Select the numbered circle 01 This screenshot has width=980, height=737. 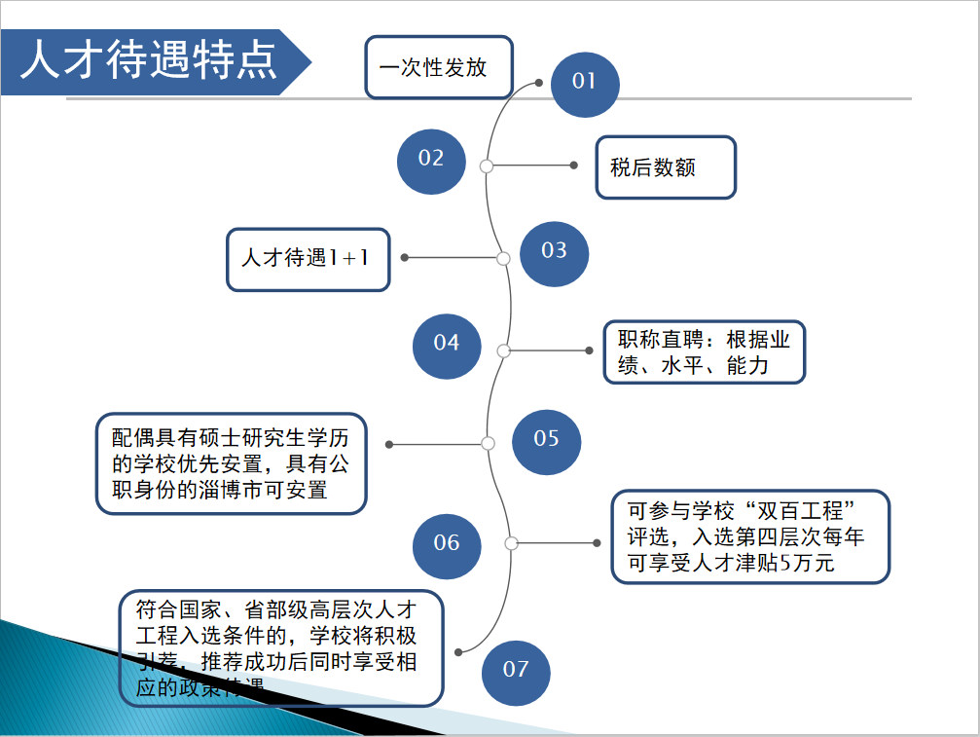585,82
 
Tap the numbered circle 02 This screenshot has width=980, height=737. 431,159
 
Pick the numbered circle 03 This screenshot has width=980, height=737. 554,251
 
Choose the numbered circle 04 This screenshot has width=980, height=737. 447,344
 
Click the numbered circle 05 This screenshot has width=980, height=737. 546,439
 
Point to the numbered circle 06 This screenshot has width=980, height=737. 447,543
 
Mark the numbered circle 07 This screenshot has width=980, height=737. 516,670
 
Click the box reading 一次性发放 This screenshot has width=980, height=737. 438,67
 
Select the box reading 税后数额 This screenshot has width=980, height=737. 666,167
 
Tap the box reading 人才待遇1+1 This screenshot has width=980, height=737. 308,259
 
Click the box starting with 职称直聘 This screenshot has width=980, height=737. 704,352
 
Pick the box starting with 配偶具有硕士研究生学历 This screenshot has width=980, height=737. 231,462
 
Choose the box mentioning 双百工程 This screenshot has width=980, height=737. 750,536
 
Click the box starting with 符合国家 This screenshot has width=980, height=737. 280,647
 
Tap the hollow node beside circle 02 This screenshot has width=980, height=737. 487,166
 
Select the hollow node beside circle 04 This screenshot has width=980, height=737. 503,350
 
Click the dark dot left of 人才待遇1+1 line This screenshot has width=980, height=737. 405,258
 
